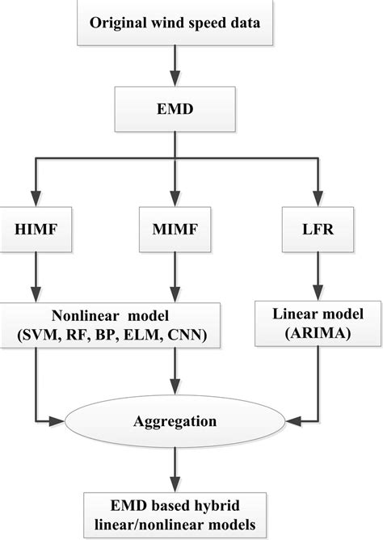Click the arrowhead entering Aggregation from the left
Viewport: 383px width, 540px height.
(x=61, y=420)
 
